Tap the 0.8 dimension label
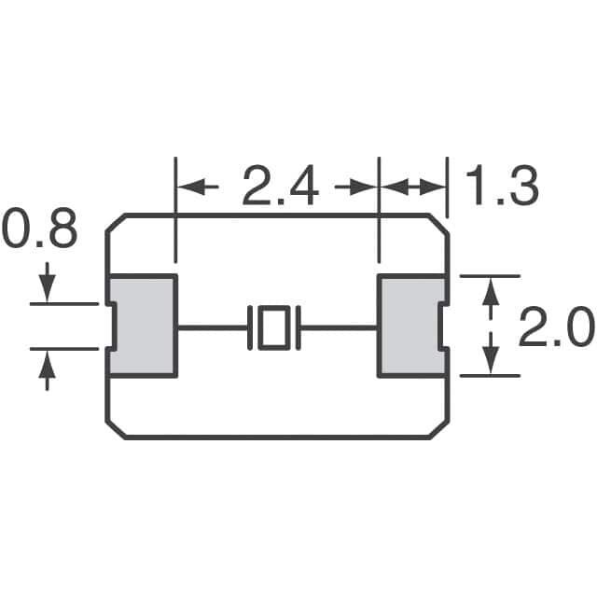38,230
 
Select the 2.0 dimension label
556,328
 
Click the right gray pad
408,326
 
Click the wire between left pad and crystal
212,327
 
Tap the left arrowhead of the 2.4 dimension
188,187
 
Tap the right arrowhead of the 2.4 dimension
366,187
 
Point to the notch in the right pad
442,326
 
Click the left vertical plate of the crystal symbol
251,327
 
